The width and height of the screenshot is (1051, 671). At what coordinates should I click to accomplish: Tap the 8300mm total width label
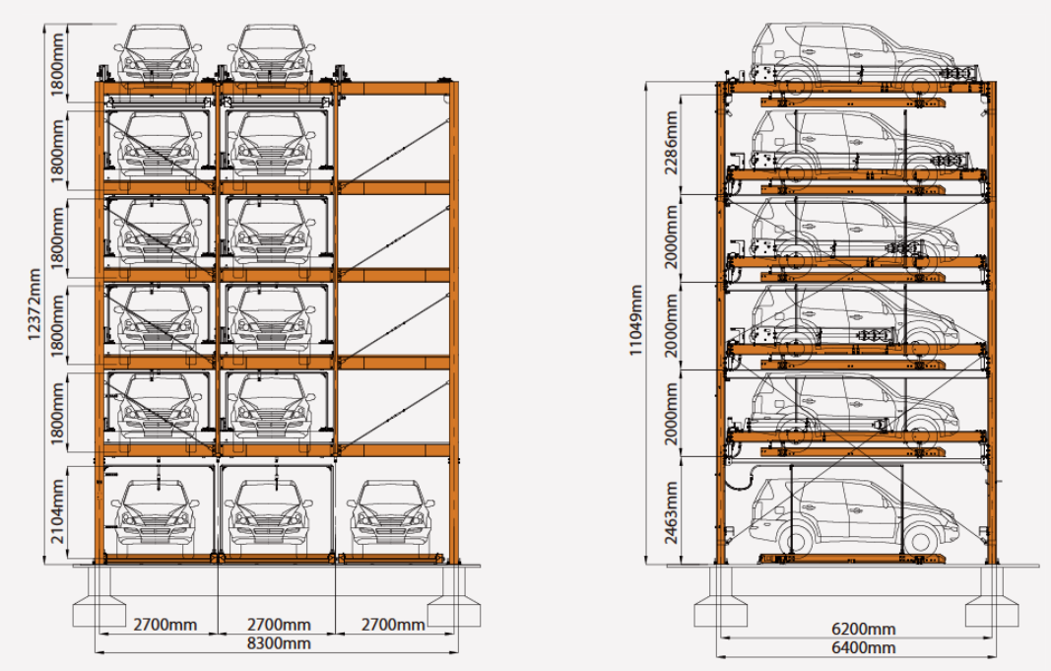[277, 644]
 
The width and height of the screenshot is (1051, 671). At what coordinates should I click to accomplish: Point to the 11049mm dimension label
[636, 319]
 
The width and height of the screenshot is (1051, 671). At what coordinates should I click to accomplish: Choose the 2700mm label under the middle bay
[277, 626]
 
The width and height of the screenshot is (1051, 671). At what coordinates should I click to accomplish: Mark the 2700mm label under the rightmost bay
[392, 626]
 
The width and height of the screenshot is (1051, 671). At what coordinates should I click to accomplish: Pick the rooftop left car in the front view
[159, 54]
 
